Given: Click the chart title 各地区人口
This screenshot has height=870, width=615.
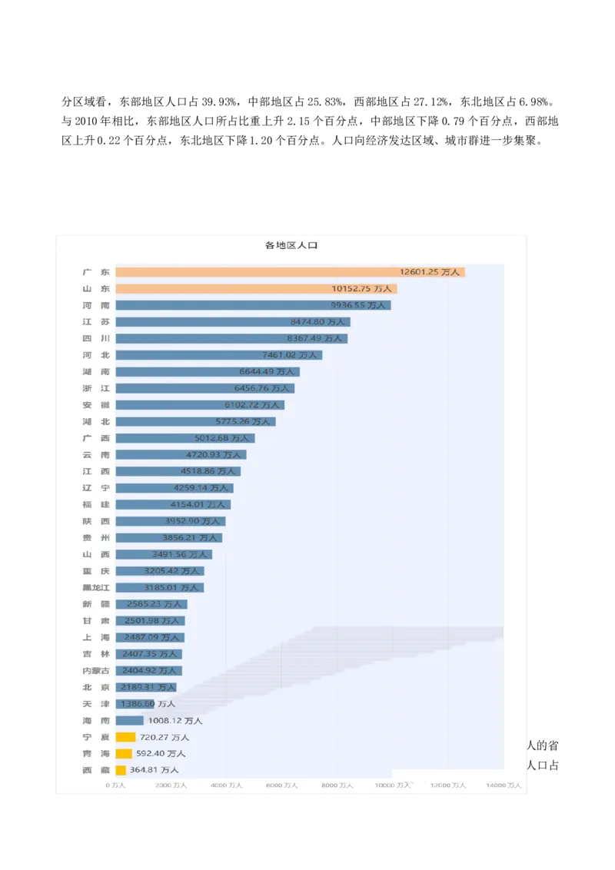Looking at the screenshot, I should (x=291, y=245).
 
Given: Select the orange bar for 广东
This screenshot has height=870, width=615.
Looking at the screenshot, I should (x=290, y=272).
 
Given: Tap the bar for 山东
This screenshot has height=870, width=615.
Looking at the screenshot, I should (x=256, y=289).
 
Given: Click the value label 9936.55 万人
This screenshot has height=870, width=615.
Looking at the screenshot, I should (x=357, y=305).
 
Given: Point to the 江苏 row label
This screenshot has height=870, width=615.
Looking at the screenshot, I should (x=96, y=322).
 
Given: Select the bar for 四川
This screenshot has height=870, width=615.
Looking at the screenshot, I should (x=231, y=339).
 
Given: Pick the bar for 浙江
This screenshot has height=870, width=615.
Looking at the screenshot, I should (x=204, y=389).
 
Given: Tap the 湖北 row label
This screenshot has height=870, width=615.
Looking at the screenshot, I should (x=96, y=422).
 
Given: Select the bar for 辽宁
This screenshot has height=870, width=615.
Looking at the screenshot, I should (x=174, y=488).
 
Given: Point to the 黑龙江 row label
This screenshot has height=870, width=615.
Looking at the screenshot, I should (x=96, y=588).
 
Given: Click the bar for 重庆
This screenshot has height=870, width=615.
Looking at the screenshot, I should (x=159, y=571).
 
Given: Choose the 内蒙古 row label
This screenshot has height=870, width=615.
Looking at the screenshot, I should (x=96, y=671).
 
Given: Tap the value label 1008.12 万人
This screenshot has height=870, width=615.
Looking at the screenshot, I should (x=175, y=721).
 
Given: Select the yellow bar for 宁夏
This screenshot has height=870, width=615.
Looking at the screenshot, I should (x=125, y=737).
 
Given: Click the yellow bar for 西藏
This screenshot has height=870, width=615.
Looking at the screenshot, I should (x=121, y=770).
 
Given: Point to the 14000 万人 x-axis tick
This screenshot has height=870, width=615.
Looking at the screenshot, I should (x=504, y=785).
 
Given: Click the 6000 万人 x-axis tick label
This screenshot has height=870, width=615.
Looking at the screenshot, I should (x=281, y=785).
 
